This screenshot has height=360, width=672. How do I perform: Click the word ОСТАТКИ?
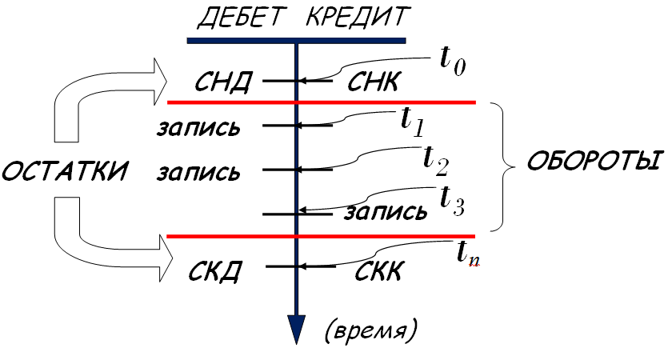point(66,171)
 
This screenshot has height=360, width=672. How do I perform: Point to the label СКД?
point(216,270)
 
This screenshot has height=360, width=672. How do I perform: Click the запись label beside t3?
point(386,212)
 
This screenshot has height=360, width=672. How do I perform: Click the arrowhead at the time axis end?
point(297,328)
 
